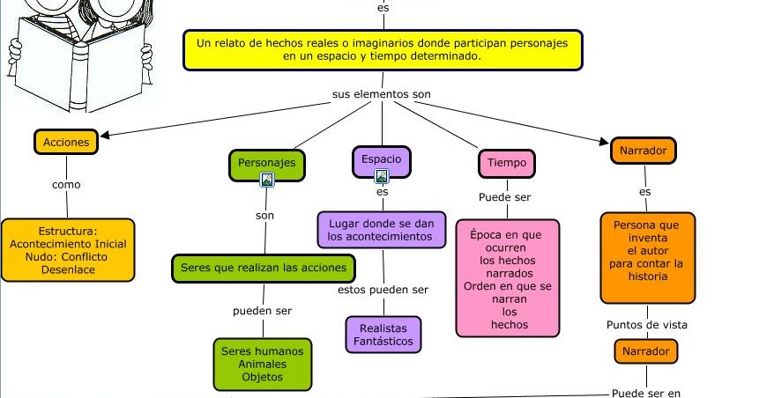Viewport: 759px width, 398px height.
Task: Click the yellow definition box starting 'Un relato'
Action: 382,49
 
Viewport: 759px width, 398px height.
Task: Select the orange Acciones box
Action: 66,142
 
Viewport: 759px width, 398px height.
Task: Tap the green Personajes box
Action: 267,162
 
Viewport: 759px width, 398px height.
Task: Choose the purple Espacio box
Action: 381,159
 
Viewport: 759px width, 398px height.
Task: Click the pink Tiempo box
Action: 507,163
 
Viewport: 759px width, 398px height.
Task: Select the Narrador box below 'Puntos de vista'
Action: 646,351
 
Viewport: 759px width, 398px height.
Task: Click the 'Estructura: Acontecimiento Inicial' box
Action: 68,250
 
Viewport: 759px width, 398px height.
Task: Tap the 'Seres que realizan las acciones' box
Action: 263,268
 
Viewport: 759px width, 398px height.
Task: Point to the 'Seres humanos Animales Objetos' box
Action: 262,364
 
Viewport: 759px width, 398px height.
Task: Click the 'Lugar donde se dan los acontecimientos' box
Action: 380,229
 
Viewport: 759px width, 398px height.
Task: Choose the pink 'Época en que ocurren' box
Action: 508,277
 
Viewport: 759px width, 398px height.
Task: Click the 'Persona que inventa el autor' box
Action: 648,257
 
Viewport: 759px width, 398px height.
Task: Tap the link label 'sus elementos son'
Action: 381,94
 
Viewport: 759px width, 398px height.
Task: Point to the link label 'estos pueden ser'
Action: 383,290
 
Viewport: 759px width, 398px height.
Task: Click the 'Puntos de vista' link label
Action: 646,324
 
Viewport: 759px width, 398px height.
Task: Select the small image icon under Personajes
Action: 267,181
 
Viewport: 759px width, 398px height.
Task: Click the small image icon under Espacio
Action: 382,176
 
